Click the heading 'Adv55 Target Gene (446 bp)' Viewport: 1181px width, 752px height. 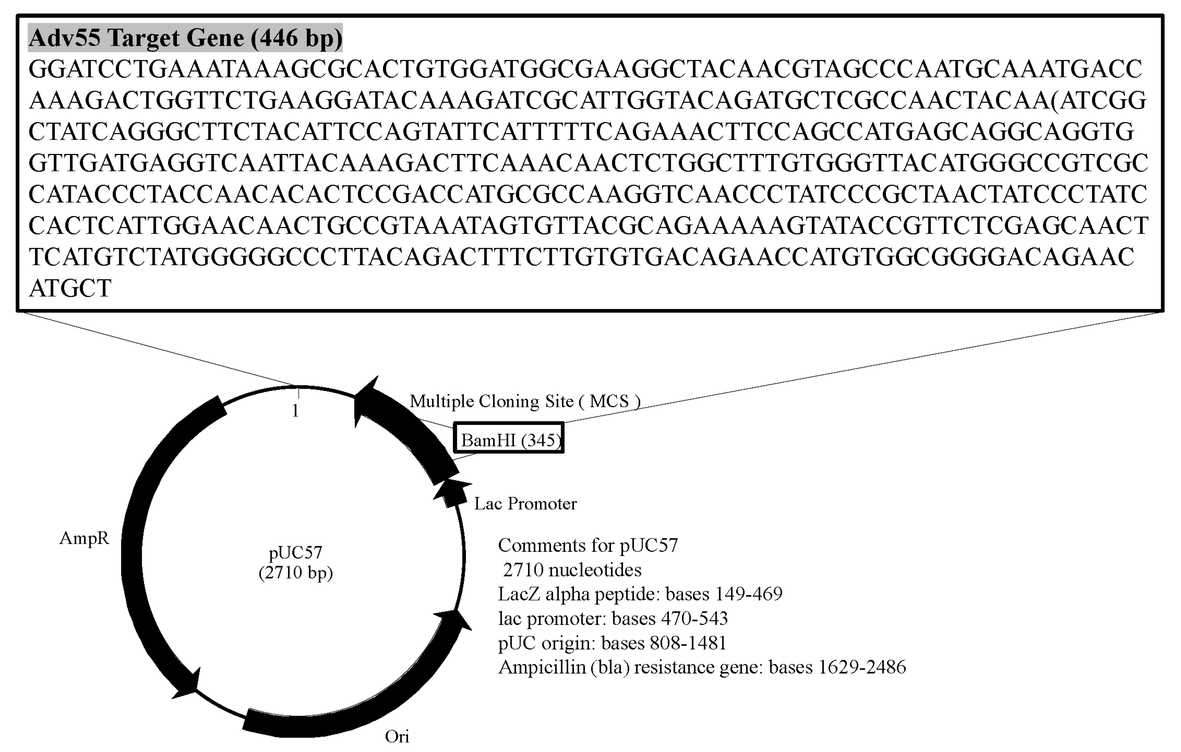[x=185, y=38]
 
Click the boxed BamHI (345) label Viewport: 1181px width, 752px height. [x=509, y=440]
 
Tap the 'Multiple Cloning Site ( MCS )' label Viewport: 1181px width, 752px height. [x=525, y=402]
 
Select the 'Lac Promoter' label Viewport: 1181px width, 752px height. [x=525, y=504]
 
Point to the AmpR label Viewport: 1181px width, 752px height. [x=84, y=538]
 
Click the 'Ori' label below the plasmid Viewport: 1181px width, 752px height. [x=397, y=736]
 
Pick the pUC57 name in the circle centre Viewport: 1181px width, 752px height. [x=295, y=553]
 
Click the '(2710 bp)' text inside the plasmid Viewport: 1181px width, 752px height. [x=295, y=573]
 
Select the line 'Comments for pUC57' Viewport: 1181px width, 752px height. [x=588, y=545]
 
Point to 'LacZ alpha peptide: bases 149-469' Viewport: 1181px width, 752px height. [x=640, y=594]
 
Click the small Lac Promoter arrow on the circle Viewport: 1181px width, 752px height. [x=450, y=494]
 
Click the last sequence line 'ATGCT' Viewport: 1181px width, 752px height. [x=70, y=288]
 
